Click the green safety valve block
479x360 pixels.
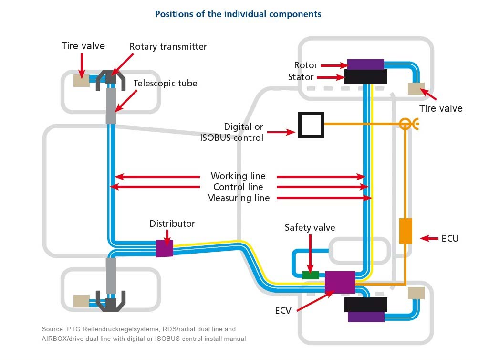coord(311,275)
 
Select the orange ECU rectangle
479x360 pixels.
coord(405,231)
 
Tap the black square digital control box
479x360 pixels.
coord(311,125)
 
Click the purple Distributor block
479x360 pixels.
coord(164,248)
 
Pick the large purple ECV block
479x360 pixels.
coord(340,282)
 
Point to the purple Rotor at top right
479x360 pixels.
coord(365,64)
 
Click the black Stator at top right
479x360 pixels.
coord(365,76)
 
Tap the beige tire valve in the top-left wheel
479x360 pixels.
coord(82,81)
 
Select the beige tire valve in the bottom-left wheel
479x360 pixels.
coord(81,301)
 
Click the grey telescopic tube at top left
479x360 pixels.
coord(111,106)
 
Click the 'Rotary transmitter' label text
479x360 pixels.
coord(168,46)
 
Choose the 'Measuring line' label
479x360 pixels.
coord(238,198)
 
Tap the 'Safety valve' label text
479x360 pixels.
coord(310,227)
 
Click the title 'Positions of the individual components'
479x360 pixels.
coord(238,14)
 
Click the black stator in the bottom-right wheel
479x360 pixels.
coord(365,304)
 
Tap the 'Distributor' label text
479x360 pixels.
coord(172,223)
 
